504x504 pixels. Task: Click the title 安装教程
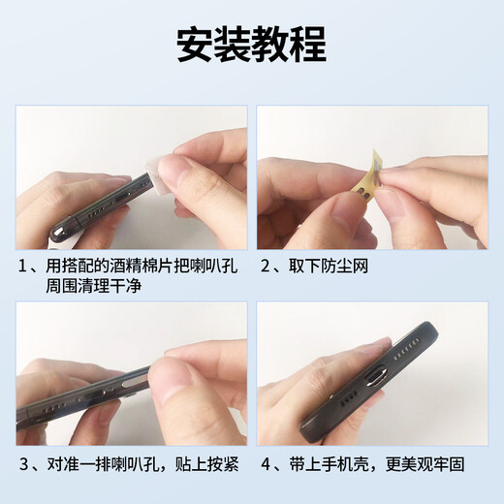coord(251,45)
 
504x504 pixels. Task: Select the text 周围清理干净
coord(94,287)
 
